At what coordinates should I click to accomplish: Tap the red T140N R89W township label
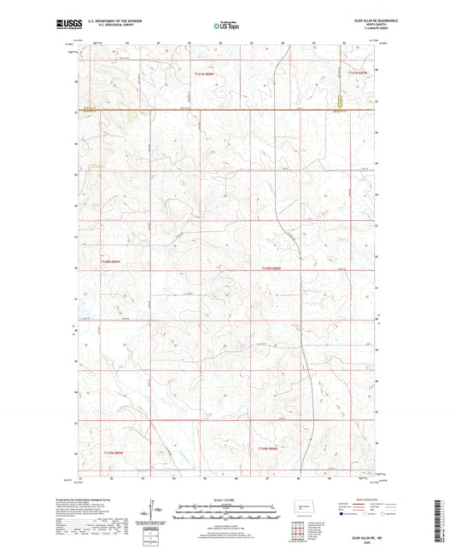coord(112,262)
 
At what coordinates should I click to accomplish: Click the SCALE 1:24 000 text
coord(226,500)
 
